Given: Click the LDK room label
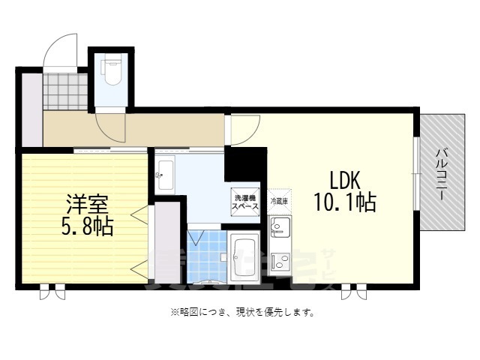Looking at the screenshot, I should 344,180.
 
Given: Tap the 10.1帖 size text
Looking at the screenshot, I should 344,202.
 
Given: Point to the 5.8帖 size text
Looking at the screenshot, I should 86,226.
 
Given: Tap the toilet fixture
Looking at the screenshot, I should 111,73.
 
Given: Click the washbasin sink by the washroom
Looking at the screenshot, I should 165,177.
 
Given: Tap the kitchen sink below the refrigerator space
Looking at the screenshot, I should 279,226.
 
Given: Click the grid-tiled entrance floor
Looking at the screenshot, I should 65,91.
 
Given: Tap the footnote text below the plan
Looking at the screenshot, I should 240,312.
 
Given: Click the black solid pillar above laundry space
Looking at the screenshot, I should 245,163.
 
